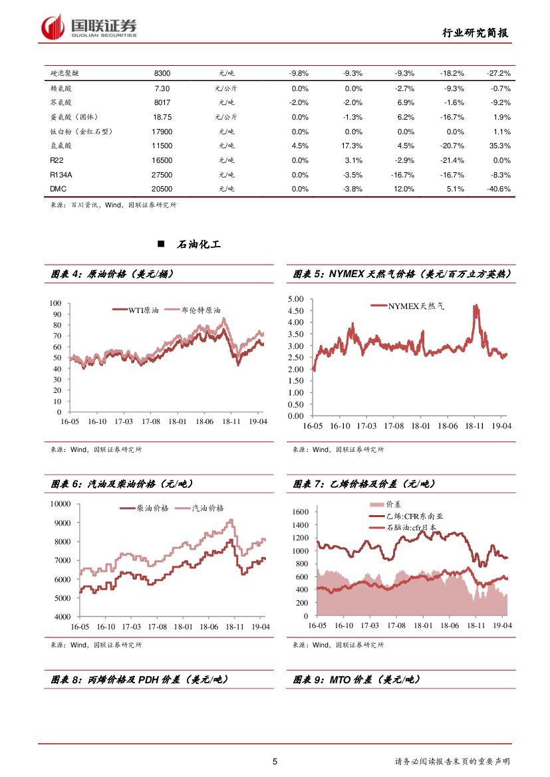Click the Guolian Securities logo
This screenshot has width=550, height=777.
89,27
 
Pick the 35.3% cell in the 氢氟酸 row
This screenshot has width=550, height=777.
499,146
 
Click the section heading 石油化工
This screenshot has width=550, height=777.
199,245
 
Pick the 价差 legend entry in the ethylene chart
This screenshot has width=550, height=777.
392,505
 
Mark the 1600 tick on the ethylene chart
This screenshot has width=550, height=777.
301,512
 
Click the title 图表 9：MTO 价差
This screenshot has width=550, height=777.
356,680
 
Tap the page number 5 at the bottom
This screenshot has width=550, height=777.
275,762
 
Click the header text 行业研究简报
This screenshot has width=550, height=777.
477,33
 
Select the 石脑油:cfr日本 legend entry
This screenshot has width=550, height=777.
411,528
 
